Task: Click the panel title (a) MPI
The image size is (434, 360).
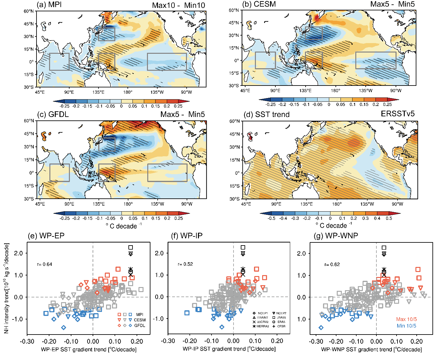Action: click(x=49, y=5)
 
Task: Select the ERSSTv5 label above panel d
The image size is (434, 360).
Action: click(x=397, y=114)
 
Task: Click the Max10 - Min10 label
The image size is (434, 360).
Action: click(x=178, y=5)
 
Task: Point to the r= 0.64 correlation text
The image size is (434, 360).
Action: click(x=45, y=264)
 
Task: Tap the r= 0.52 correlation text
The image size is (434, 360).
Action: click(x=185, y=264)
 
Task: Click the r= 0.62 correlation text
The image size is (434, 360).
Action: click(x=332, y=264)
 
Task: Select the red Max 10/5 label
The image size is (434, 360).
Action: click(x=406, y=319)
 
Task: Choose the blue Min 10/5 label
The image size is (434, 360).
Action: click(x=406, y=326)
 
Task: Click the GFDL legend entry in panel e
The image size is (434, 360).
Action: click(x=140, y=325)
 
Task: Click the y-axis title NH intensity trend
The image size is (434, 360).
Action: click(x=6, y=288)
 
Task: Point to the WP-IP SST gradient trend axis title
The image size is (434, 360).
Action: click(x=229, y=349)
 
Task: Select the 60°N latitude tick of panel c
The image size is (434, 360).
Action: click(x=29, y=121)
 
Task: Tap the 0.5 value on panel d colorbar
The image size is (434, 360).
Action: click(x=389, y=218)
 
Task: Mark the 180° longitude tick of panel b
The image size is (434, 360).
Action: click(x=335, y=91)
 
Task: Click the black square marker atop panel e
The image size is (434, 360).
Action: click(x=131, y=247)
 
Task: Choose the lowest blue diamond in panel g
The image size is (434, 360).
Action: click(x=321, y=328)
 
